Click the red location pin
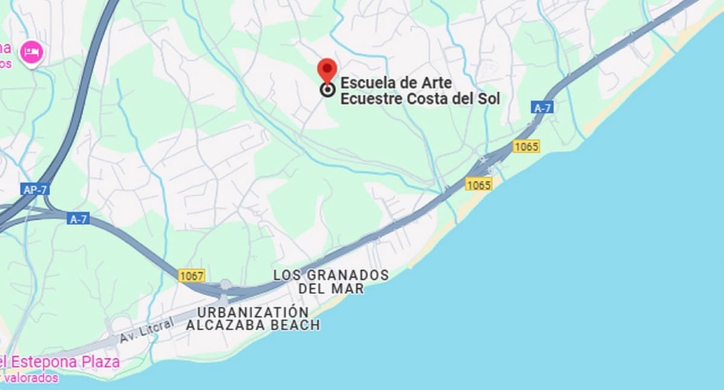point(326,69)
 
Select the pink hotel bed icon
point(31,52)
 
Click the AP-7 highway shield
point(34,189)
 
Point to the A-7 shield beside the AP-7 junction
point(78,219)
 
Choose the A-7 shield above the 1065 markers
point(542,108)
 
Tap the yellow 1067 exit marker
point(191,275)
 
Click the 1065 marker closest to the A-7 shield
point(526,146)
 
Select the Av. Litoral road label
point(147,329)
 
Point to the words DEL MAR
point(331,289)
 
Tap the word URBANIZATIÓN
point(253,312)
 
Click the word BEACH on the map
point(297,326)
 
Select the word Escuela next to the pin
point(365,83)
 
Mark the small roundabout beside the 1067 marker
point(225,284)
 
